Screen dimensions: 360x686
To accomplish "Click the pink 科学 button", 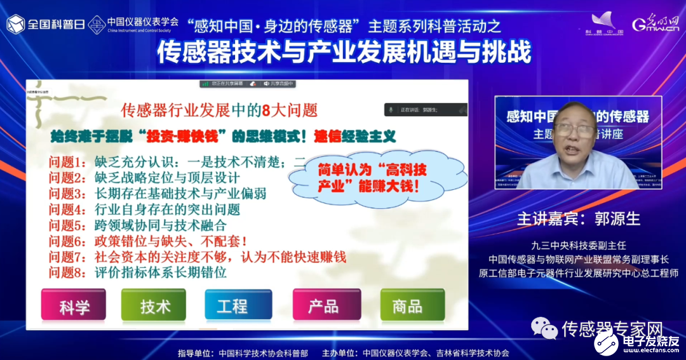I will (x=74, y=307).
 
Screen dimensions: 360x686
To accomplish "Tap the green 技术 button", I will (x=154, y=307).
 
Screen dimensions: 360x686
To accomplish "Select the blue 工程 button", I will (x=232, y=307).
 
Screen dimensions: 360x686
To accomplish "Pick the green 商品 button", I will (x=407, y=307).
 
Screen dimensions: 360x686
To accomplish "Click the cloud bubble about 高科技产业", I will (x=371, y=178).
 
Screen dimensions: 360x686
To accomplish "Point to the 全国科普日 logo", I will (x=45, y=23).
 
